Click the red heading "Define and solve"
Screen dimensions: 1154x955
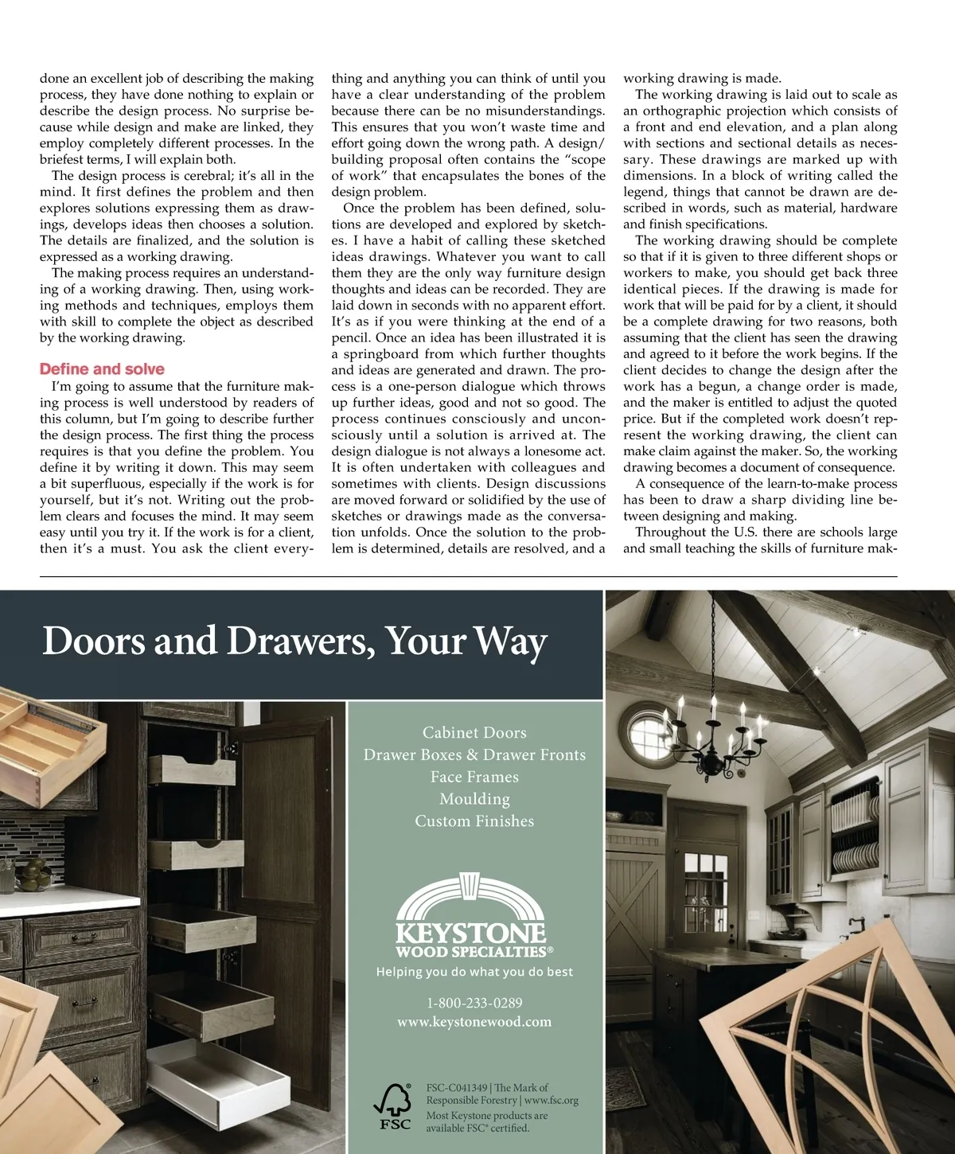click(102, 369)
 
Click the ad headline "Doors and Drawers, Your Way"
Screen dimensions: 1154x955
click(294, 641)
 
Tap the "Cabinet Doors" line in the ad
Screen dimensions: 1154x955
click(474, 732)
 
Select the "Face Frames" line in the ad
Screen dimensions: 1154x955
click(474, 777)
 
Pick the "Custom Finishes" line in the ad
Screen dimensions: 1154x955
click(474, 821)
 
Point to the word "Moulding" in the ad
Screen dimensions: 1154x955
click(474, 799)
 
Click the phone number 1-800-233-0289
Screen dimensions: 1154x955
click(474, 1003)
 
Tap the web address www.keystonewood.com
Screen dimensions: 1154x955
click(474, 1022)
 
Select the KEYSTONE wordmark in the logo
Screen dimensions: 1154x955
click(471, 933)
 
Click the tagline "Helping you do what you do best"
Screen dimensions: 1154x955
click(474, 972)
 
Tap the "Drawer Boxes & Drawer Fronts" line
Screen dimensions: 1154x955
click(474, 754)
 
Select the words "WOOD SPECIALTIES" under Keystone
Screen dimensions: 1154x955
click(471, 952)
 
